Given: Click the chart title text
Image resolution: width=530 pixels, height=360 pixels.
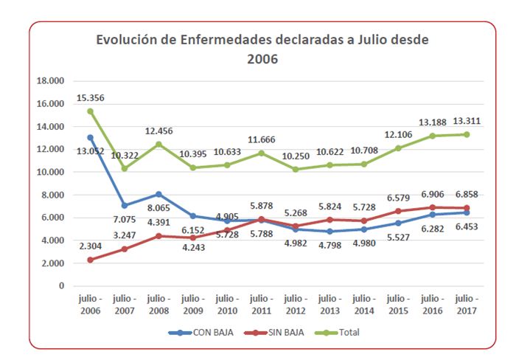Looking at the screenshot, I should pyautogui.click(x=262, y=49).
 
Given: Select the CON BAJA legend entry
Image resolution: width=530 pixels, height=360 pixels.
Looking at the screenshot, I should pyautogui.click(x=201, y=333).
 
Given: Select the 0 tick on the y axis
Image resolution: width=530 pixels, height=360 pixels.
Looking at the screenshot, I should pyautogui.click(x=72, y=286).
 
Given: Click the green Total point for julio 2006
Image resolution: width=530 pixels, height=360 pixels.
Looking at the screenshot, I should pyautogui.click(x=91, y=111).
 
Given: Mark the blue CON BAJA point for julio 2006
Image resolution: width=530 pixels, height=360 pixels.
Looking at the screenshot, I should pyautogui.click(x=91, y=137).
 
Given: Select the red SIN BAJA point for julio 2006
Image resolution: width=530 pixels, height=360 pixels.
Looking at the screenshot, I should pyautogui.click(x=91, y=260).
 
